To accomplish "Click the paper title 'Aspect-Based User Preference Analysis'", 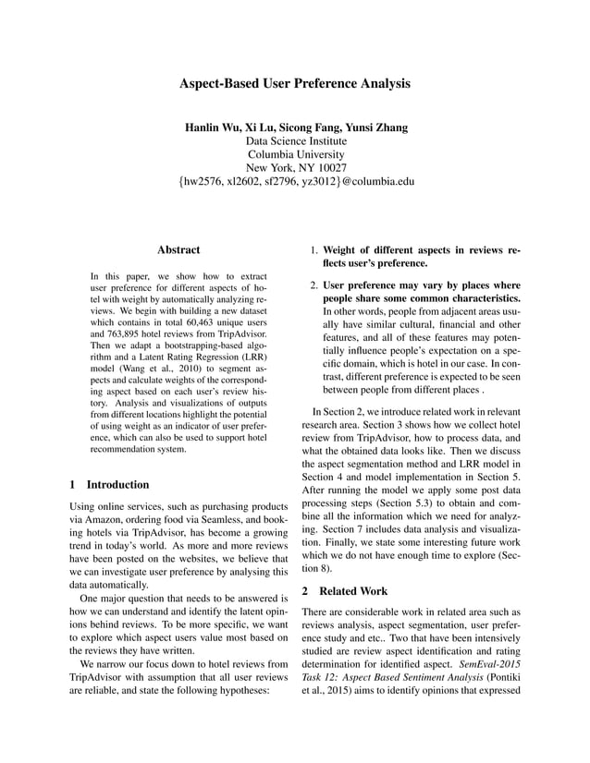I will (295, 83).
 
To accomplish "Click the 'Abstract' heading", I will (178, 249).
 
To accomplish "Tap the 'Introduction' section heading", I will (117, 484).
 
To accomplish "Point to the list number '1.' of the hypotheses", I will (314, 250).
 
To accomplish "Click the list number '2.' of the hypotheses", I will (314, 285).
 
